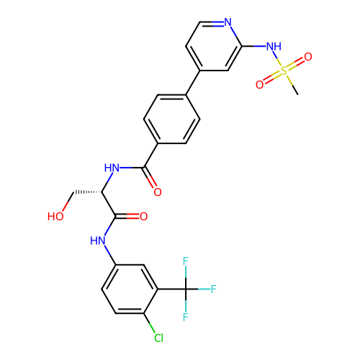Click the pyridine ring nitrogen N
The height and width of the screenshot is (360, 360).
coord(228,22)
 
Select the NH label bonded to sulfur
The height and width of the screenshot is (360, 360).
coord(274,46)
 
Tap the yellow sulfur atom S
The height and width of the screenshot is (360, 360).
coord(284,71)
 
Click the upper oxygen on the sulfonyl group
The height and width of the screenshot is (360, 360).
coord(308,57)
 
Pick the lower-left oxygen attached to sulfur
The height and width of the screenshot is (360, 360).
coord(260,85)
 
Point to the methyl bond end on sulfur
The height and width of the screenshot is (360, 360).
coord(298,94)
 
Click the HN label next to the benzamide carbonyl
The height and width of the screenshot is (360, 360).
coord(112,168)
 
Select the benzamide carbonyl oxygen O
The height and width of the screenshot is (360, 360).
coord(158,192)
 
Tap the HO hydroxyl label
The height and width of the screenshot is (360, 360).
coord(55,217)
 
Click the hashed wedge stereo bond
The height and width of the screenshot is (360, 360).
coord(88,192)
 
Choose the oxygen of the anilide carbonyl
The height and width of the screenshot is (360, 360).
coord(144,217)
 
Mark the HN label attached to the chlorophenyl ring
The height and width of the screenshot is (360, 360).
coord(98,240)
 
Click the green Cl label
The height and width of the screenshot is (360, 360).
coord(158,338)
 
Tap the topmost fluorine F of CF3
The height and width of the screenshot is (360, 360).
coord(186,261)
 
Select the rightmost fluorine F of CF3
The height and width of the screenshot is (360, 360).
coord(214,289)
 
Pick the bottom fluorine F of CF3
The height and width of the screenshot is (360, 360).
coord(186,317)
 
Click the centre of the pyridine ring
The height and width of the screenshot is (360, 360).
coord(214,46)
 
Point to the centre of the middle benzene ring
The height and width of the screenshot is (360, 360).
coord(172,120)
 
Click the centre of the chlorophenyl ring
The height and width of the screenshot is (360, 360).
coord(130,289)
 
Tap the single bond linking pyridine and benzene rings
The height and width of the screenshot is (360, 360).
coord(193,83)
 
